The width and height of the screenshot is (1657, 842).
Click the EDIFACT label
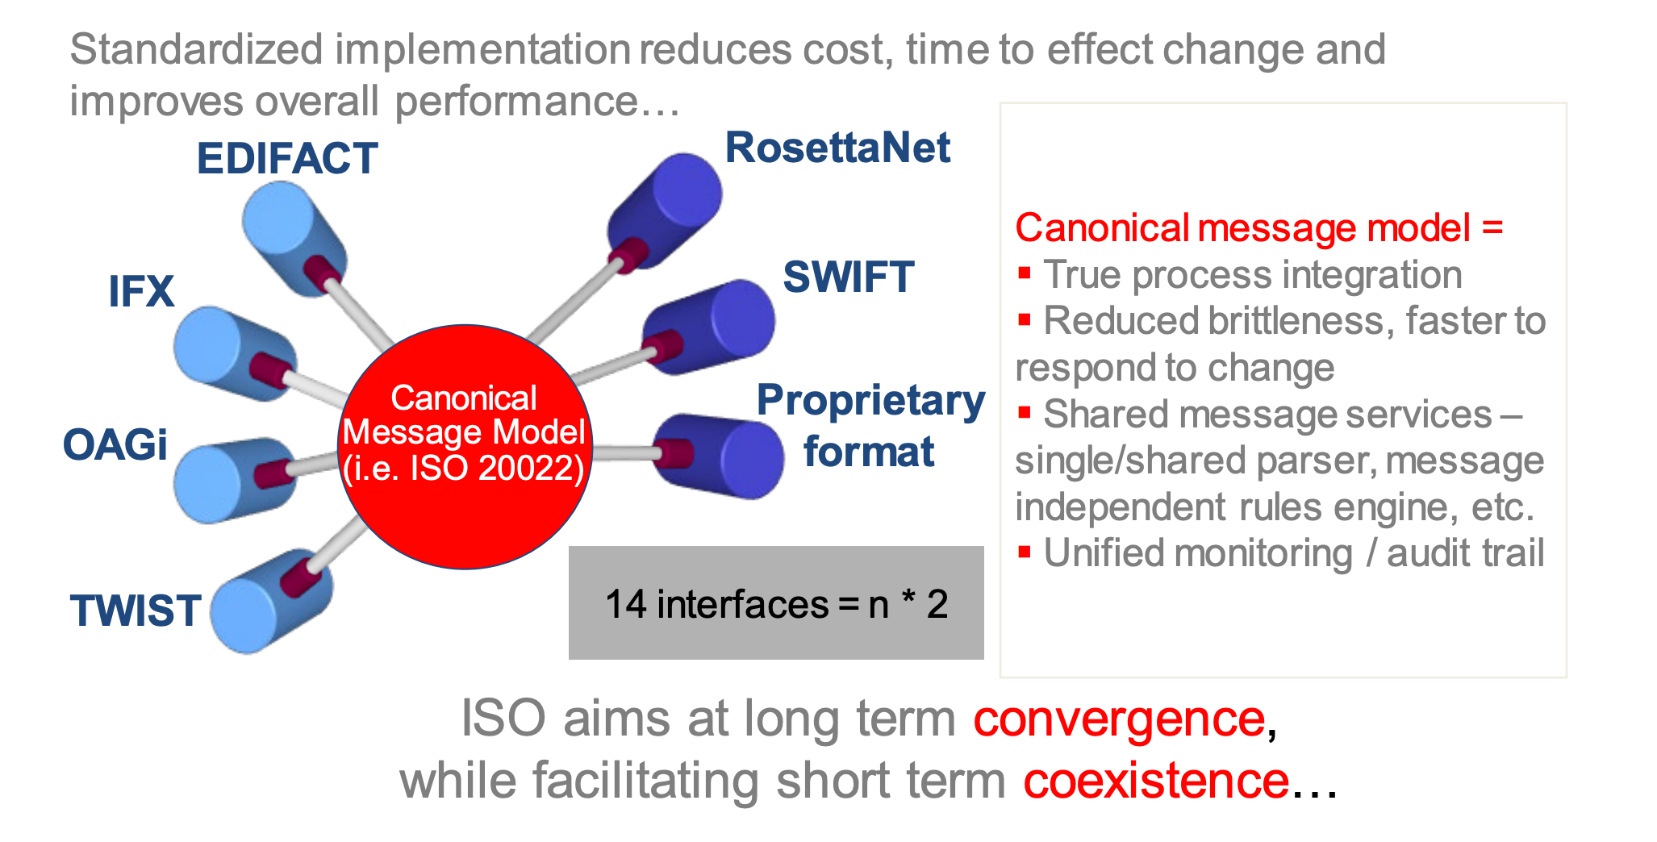287,158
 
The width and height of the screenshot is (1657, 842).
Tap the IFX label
141,291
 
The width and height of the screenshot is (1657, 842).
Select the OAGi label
115,444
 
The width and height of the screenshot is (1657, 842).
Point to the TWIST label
135,611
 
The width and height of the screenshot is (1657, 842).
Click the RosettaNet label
837,148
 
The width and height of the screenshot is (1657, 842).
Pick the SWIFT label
848,277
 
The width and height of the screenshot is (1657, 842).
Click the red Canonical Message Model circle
465,446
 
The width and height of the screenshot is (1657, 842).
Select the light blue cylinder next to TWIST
266,605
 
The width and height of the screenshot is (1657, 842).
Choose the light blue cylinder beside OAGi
230,481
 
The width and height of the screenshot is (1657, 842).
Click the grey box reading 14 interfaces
776,603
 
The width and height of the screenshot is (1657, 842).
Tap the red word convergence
1119,719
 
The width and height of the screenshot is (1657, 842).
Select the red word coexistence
1156,781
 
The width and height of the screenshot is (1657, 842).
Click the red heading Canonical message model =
1258,228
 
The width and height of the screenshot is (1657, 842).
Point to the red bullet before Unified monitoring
1025,552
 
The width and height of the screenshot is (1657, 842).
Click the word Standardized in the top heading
196,50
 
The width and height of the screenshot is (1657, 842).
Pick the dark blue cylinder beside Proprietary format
722,456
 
